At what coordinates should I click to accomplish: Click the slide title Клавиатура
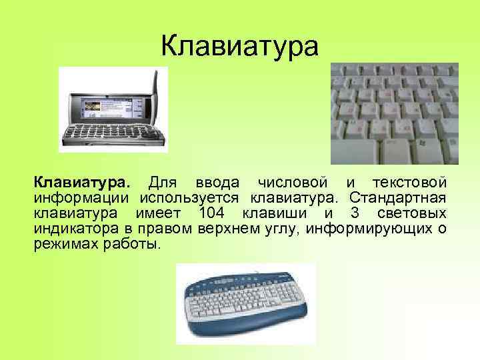pos(241,47)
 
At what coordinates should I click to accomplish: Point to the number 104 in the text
pos(213,213)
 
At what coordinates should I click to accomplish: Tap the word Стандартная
pos(398,198)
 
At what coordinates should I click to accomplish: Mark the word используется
pos(189,198)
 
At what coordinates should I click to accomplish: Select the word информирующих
pos(369,229)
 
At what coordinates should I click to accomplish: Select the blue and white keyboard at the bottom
pos(245,303)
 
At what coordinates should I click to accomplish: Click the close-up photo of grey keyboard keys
pos(395,113)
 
